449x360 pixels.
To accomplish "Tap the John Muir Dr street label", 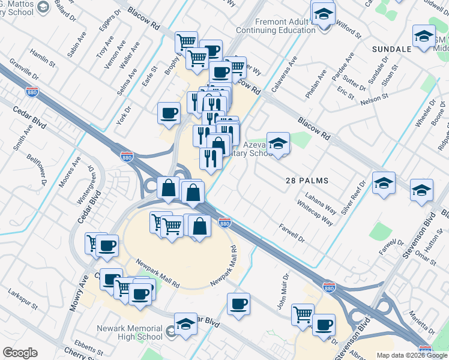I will pyautogui.click(x=283, y=292).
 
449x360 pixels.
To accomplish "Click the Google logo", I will pyautogui.click(x=20, y=353).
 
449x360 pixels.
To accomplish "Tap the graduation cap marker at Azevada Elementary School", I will pyautogui.click(x=278, y=143).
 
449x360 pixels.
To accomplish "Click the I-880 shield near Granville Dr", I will pyautogui.click(x=32, y=92).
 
